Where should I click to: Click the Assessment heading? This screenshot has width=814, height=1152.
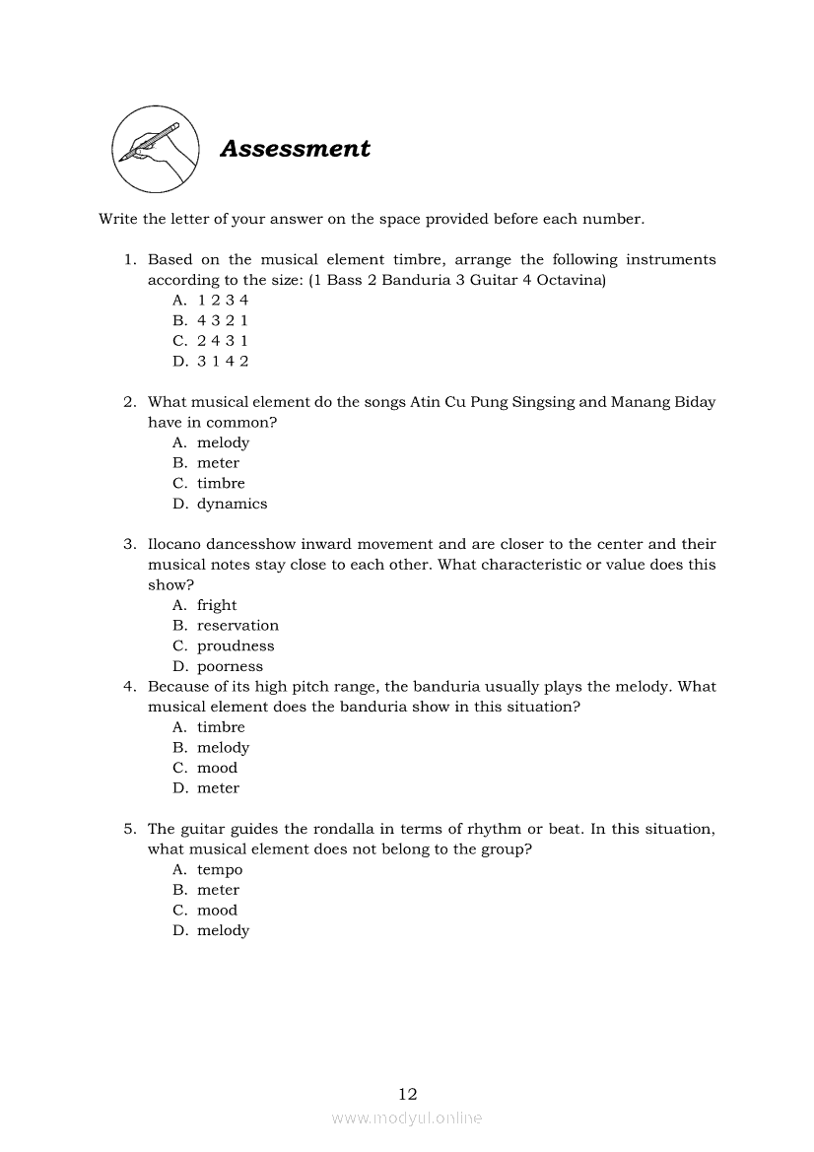tap(295, 149)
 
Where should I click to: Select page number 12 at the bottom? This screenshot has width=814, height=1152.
tap(408, 1093)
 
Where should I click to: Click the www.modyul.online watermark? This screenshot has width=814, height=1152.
tap(407, 1118)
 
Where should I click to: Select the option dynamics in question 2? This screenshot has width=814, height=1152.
tap(232, 504)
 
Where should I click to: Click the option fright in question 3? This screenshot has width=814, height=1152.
tap(217, 605)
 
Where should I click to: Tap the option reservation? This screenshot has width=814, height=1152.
tap(237, 626)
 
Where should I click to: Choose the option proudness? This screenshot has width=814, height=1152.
tap(236, 646)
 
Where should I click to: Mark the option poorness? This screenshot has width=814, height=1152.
tap(230, 667)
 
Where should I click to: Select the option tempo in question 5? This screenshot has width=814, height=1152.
tap(219, 870)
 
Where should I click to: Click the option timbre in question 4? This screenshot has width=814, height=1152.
tap(221, 727)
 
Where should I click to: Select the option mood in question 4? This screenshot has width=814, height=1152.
tap(217, 768)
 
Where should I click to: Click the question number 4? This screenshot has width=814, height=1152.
tap(129, 687)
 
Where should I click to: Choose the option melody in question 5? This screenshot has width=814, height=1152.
tap(223, 930)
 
